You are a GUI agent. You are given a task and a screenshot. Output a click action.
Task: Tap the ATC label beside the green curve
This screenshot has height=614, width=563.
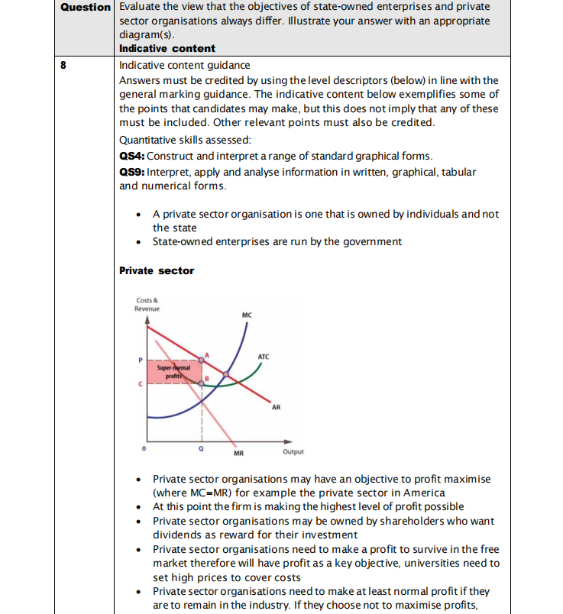pyautogui.click(x=263, y=357)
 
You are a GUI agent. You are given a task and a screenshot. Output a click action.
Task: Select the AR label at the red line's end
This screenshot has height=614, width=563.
pyautogui.click(x=276, y=407)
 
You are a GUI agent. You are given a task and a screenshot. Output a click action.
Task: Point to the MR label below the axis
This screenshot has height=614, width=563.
pyautogui.click(x=238, y=453)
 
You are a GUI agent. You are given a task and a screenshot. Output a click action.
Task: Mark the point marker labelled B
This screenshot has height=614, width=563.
pyautogui.click(x=202, y=383)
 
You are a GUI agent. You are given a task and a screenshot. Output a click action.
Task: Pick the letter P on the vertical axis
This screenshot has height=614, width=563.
pyautogui.click(x=140, y=359)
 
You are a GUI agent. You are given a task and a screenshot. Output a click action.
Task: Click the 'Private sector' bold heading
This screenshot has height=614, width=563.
pyautogui.click(x=157, y=270)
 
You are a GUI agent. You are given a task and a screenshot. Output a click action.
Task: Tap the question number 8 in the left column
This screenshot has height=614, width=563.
pyautogui.click(x=63, y=65)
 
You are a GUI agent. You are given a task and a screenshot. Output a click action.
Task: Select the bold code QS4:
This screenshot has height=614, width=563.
pyautogui.click(x=132, y=156)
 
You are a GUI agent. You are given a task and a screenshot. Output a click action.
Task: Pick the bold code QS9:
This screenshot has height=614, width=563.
pyautogui.click(x=132, y=172)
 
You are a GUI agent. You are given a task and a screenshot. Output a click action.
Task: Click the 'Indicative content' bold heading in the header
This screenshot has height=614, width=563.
pyautogui.click(x=167, y=48)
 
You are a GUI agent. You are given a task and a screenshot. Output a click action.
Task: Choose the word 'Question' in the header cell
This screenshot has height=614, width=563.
pyautogui.click(x=86, y=7)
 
